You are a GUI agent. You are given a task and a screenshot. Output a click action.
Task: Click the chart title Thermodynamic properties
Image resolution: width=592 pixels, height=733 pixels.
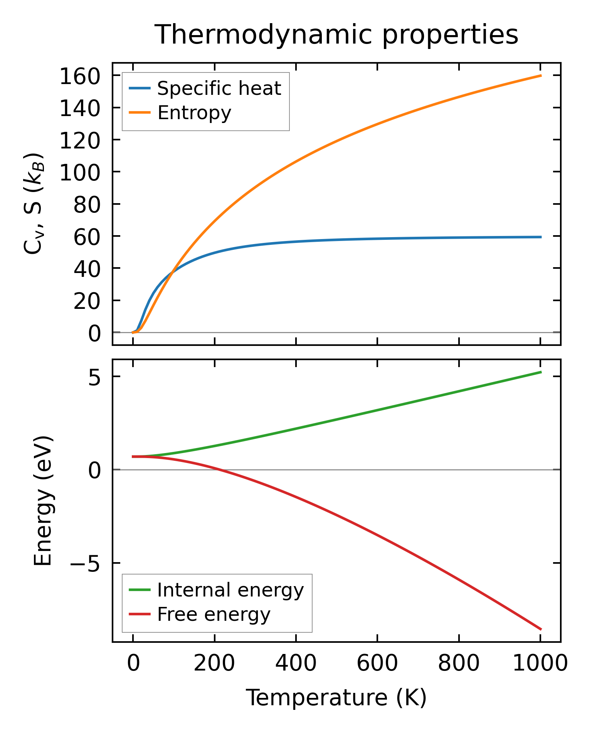point(336,35)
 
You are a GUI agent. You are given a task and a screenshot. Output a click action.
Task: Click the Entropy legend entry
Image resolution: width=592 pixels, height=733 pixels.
point(194,113)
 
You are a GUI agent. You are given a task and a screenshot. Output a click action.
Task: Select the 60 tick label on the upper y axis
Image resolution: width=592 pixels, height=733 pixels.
point(87,236)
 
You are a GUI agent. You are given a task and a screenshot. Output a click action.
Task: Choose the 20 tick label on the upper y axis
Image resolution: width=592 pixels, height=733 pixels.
point(87,301)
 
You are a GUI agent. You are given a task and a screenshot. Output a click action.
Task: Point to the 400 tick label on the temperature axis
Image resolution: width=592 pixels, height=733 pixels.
point(296,664)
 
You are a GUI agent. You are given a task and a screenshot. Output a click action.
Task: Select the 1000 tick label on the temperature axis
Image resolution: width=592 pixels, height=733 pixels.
point(540,664)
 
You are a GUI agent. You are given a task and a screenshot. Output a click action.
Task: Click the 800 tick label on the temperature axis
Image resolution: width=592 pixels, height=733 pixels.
point(459,664)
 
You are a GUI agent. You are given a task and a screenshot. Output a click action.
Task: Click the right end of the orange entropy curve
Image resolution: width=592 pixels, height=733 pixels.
point(541,76)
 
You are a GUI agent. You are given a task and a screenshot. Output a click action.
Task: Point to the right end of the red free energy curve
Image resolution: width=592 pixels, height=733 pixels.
point(541,629)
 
